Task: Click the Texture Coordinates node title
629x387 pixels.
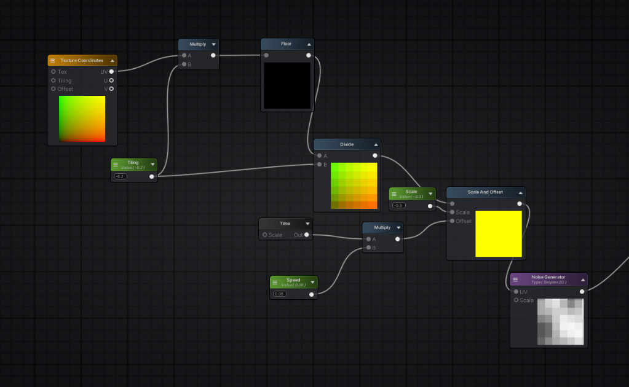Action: point(82,60)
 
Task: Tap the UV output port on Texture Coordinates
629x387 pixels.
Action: point(111,72)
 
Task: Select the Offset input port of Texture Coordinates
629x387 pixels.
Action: point(53,89)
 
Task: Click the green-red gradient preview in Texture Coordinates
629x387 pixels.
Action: point(82,119)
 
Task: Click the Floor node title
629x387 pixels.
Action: point(286,44)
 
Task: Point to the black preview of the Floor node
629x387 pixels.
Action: point(287,85)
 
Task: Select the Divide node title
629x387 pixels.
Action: point(347,144)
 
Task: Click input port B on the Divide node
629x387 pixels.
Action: point(319,165)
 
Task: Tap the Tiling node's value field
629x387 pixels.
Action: point(120,176)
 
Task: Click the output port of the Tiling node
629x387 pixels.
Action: point(152,176)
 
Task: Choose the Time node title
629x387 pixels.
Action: point(285,224)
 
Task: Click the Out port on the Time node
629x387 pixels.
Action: point(306,235)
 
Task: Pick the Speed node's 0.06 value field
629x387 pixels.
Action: point(279,294)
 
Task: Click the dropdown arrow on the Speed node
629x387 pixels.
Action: point(312,283)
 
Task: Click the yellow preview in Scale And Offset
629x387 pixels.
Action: point(498,233)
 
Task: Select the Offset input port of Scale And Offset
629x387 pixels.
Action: point(452,221)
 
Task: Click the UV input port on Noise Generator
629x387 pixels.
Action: point(516,292)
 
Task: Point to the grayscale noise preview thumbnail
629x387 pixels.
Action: point(560,322)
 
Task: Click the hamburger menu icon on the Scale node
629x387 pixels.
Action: point(394,193)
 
